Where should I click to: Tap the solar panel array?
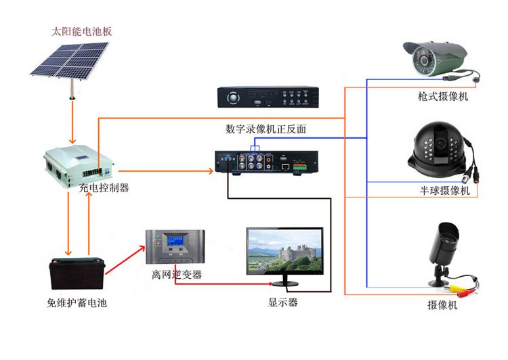(x=70, y=60)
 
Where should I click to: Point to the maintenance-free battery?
(x=75, y=274)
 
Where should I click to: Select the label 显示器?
(x=282, y=302)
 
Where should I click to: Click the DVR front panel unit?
(x=267, y=97)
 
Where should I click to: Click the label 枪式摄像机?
(x=443, y=97)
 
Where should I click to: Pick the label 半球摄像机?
(x=444, y=191)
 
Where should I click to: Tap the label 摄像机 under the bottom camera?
(x=443, y=305)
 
